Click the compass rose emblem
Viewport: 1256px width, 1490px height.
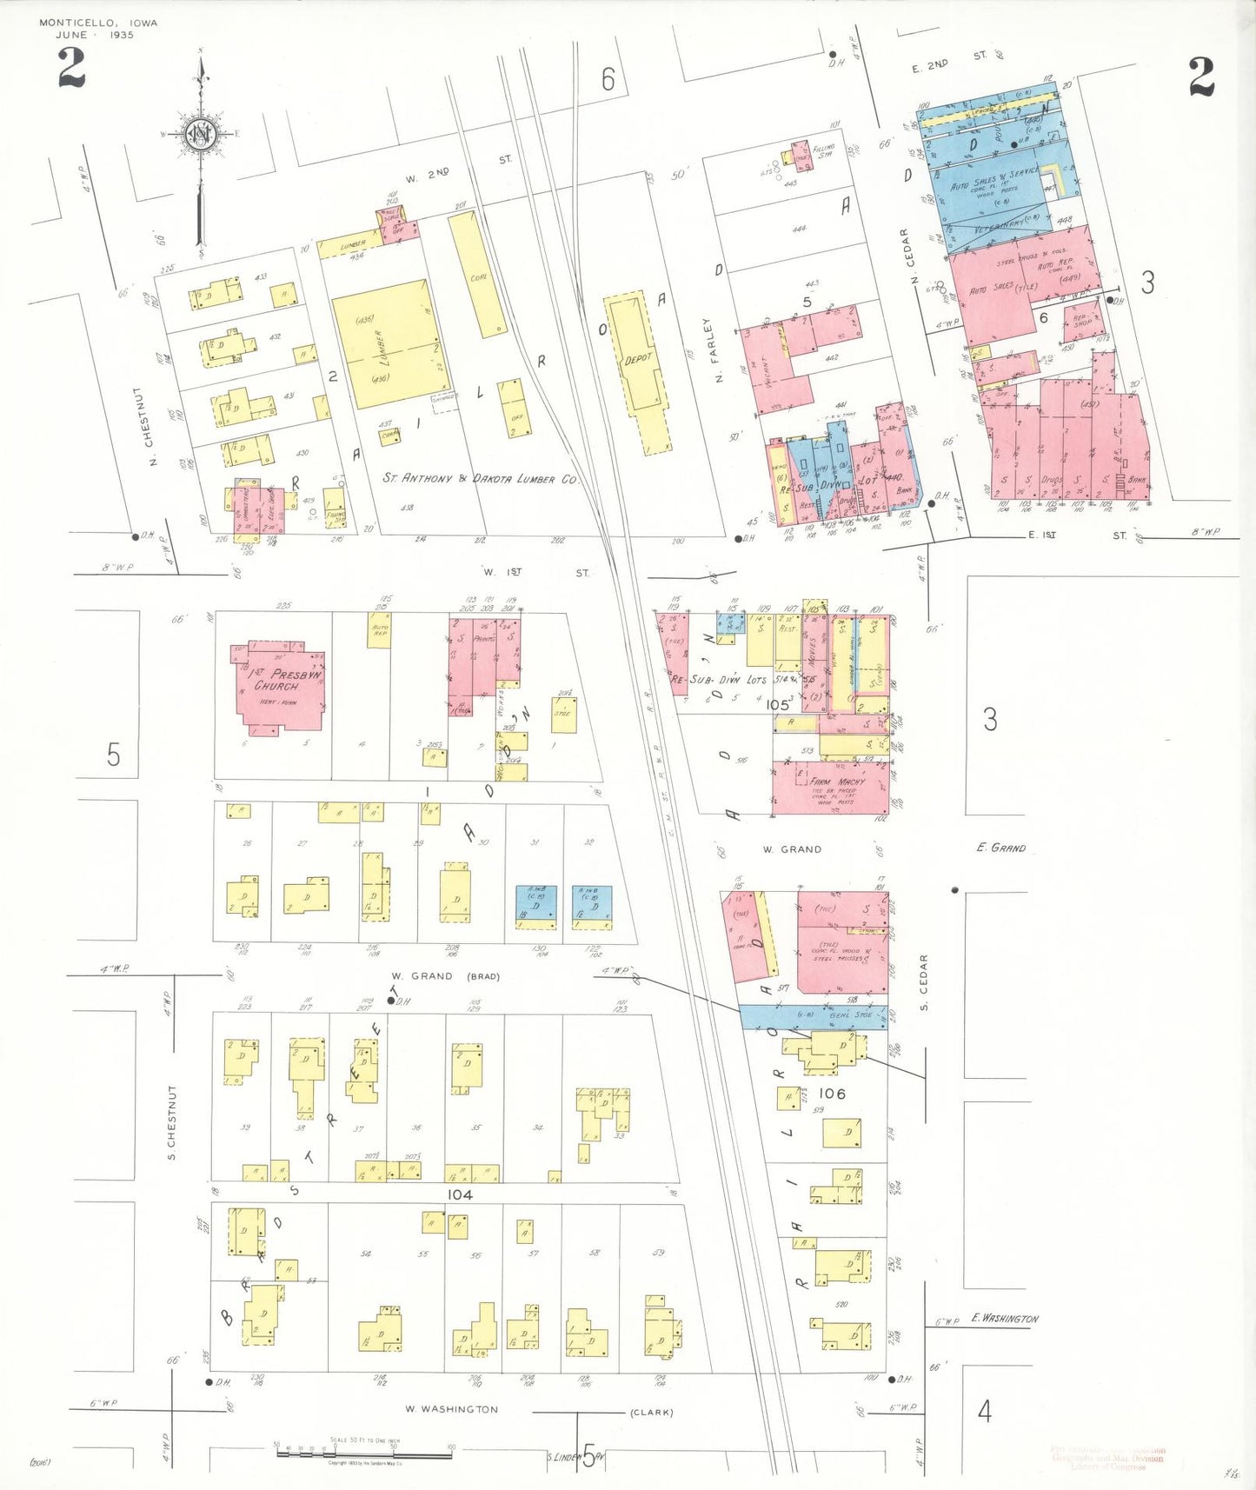tap(200, 136)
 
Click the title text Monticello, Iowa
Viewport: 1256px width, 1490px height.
tap(98, 23)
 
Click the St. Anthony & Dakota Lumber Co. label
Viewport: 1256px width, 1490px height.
tap(480, 479)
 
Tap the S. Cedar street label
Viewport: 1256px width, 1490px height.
tap(924, 982)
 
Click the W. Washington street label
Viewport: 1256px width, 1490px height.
tap(451, 1409)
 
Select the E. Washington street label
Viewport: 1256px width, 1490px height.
tap(1004, 1319)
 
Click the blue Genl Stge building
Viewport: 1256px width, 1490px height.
tap(813, 1016)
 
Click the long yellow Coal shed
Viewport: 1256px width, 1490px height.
tap(476, 274)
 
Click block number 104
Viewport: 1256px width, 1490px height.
tap(460, 1194)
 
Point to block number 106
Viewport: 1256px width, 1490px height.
tap(832, 1094)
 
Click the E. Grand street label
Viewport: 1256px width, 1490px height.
tap(1000, 848)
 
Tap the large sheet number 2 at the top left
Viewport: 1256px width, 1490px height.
tap(71, 70)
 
